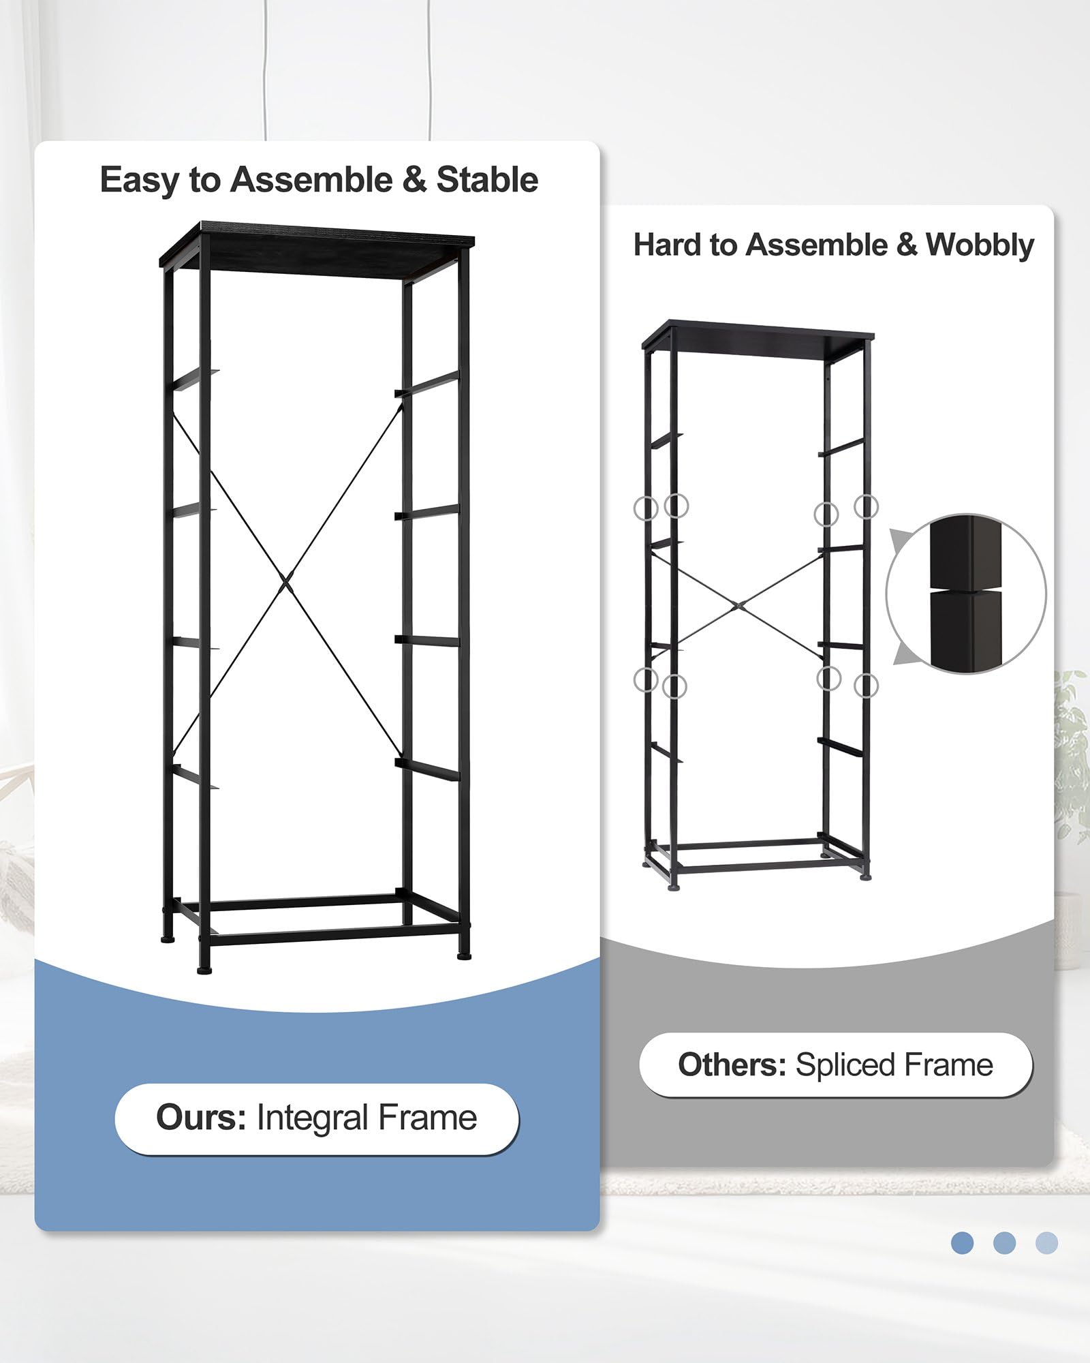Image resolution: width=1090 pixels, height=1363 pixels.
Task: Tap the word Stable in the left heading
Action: pyautogui.click(x=487, y=181)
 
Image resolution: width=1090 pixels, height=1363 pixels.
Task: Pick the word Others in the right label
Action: pyautogui.click(x=732, y=1065)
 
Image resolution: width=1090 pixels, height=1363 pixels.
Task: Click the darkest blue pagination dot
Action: pyautogui.click(x=962, y=1242)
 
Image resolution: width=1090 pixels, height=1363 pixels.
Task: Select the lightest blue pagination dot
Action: pyautogui.click(x=1046, y=1242)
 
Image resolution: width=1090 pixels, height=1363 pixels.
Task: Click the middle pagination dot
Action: pyautogui.click(x=1004, y=1242)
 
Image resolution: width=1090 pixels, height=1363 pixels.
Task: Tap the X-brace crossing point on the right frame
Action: pyautogui.click(x=738, y=604)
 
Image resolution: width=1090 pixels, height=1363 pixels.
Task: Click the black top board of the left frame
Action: pyautogui.click(x=317, y=249)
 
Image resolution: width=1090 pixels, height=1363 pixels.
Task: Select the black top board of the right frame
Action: pyautogui.click(x=758, y=338)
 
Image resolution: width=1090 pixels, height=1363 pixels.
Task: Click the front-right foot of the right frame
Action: pyautogui.click(x=865, y=876)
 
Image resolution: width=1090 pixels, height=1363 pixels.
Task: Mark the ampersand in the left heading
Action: pyautogui.click(x=414, y=181)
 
